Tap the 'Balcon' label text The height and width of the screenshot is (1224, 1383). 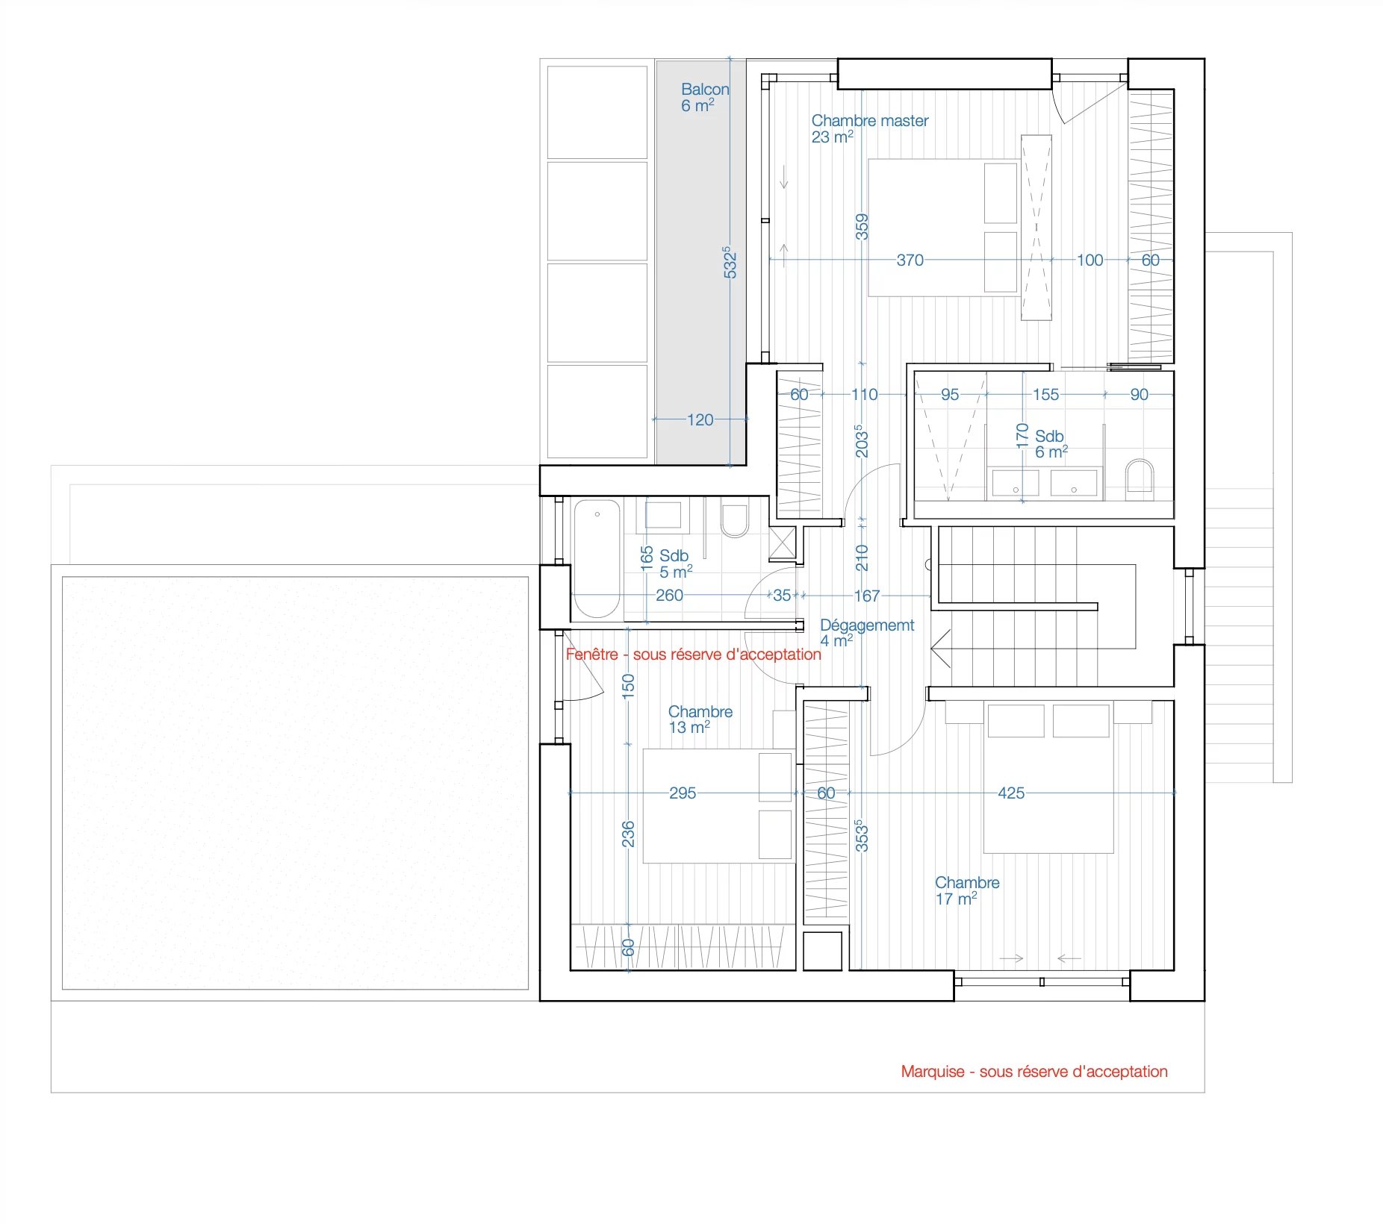point(704,90)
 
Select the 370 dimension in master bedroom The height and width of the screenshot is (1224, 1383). point(910,260)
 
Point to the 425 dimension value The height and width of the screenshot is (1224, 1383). point(1011,793)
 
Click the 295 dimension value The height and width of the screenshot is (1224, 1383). point(683,793)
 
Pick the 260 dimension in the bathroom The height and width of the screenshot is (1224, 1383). point(669,596)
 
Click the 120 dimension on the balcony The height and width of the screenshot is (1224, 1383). point(700,420)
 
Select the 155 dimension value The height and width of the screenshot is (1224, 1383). point(1045,395)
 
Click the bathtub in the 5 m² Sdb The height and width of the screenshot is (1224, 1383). point(597,559)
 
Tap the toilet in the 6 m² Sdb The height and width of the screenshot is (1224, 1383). point(1140,477)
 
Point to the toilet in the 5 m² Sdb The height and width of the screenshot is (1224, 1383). point(735,520)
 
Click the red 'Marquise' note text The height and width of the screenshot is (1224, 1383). point(1034,1072)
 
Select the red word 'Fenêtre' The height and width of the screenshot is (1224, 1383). point(592,655)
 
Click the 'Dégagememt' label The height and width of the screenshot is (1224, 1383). point(867,625)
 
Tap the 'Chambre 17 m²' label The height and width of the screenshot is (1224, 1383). point(967,891)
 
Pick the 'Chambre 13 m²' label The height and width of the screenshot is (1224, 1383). point(700,719)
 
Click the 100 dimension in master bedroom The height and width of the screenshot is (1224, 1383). point(1090,260)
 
